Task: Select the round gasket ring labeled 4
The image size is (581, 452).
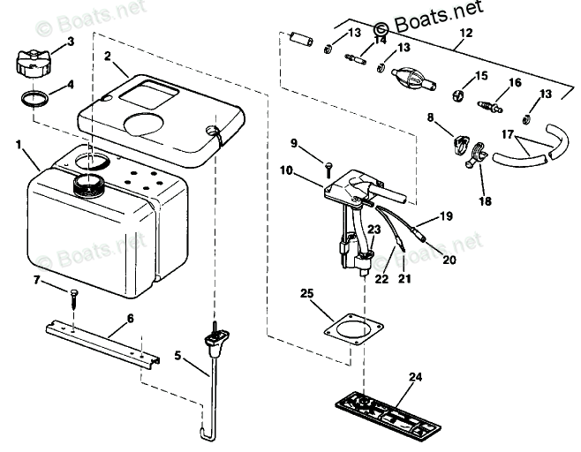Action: pyautogui.click(x=34, y=99)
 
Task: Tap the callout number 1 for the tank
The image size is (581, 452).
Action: pyautogui.click(x=19, y=145)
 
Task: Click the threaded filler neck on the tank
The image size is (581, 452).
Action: pyautogui.click(x=89, y=185)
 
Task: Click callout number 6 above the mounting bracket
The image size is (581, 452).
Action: pyautogui.click(x=130, y=318)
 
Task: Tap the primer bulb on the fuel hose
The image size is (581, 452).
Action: pyautogui.click(x=412, y=79)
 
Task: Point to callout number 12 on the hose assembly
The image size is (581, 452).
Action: pyautogui.click(x=465, y=33)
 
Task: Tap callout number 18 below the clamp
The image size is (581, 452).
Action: pyautogui.click(x=485, y=201)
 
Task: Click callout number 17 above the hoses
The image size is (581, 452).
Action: pyautogui.click(x=508, y=134)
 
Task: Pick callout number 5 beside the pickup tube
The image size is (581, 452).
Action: pyautogui.click(x=177, y=356)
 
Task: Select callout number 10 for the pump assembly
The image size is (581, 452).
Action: pyautogui.click(x=286, y=170)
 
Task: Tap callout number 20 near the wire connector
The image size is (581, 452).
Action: pyautogui.click(x=449, y=260)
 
